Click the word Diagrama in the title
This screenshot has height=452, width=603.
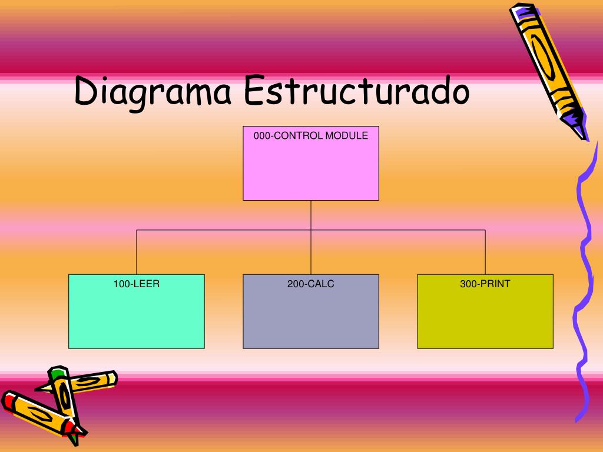153,92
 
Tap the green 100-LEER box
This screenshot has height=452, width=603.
137,318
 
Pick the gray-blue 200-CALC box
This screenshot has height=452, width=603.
311,318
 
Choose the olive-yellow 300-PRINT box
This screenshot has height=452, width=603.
485,318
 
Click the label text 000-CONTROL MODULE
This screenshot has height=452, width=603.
311,135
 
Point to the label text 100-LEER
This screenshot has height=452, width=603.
137,284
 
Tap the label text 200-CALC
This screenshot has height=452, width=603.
311,284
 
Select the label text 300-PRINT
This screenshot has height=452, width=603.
485,284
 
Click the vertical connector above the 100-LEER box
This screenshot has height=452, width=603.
137,252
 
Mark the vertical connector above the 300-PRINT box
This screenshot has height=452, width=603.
485,252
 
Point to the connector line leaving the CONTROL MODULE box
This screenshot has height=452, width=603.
311,215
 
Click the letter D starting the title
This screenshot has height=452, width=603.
86,92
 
